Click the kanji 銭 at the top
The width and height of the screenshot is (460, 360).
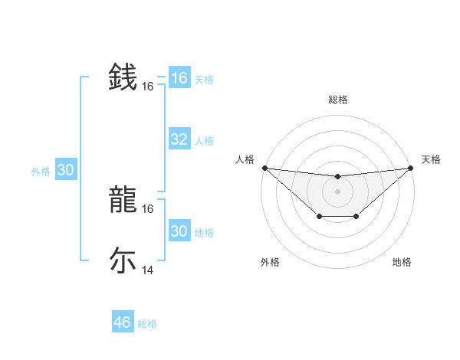[x=123, y=79]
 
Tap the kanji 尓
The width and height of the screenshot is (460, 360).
[x=123, y=260]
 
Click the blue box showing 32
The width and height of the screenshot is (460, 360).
[x=179, y=139]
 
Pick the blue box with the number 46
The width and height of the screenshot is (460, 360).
[x=122, y=322]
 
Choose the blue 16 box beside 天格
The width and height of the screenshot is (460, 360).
[x=179, y=78]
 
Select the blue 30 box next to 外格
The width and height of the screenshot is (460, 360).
[x=65, y=171]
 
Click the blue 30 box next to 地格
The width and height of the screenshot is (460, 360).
[x=179, y=231]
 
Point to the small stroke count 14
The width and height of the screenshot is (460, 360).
[x=148, y=270]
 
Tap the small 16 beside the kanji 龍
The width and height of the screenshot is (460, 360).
[x=148, y=208]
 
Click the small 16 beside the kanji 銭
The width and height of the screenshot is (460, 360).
[x=148, y=87]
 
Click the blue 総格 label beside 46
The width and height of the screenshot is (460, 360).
[x=147, y=324]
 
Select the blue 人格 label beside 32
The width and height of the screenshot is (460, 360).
[x=204, y=141]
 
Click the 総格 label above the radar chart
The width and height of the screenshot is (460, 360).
[x=337, y=100]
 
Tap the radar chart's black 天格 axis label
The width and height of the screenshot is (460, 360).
[x=431, y=159]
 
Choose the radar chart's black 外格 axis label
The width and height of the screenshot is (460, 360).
[x=270, y=262]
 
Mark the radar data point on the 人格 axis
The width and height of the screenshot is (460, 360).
[x=264, y=168]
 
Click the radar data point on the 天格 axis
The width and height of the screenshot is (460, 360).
[x=410, y=168]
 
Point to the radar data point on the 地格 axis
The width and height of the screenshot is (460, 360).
[x=356, y=217]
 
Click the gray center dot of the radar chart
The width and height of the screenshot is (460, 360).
[x=337, y=191]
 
